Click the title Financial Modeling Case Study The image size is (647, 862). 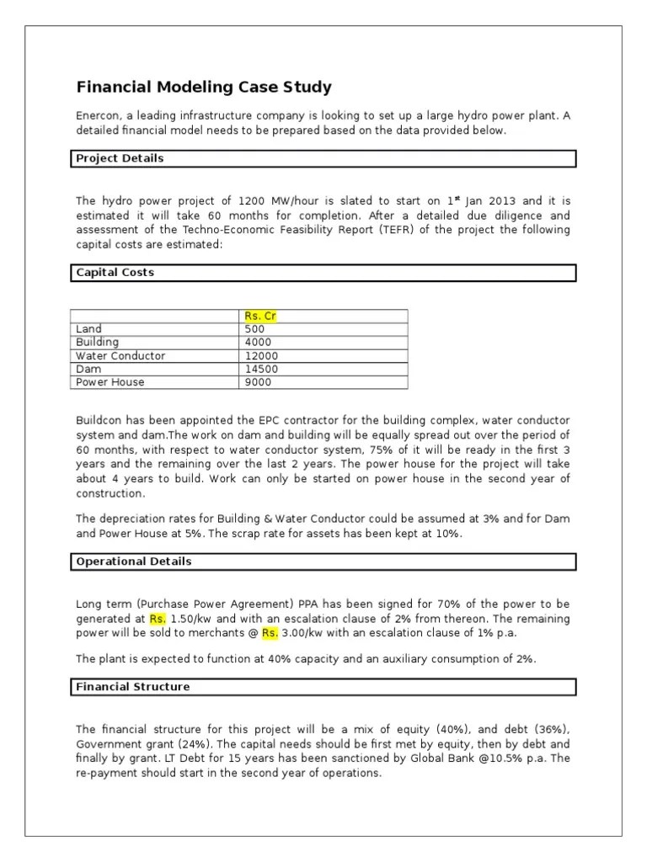[x=204, y=88]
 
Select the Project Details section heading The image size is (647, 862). [x=120, y=158]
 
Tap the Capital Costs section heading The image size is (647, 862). [x=115, y=273]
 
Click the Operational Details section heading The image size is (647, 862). [x=133, y=561]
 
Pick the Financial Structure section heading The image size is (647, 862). [x=132, y=687]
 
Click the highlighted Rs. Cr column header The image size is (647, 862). [x=260, y=316]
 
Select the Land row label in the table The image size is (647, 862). [x=88, y=329]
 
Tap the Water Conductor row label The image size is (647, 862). [x=120, y=356]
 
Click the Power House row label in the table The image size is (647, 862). [x=110, y=382]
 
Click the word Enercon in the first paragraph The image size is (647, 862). [x=99, y=116]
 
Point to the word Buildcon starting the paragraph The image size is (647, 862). [x=100, y=420]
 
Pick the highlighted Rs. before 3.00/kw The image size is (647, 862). [x=270, y=632]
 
